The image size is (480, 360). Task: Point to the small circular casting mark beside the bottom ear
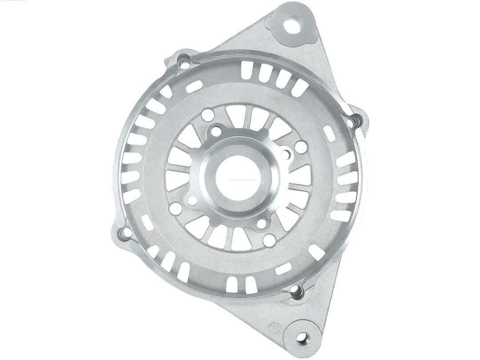(276, 328)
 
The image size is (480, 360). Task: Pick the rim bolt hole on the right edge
(354, 121)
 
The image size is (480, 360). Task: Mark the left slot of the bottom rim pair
(232, 284)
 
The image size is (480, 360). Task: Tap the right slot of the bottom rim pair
(251, 285)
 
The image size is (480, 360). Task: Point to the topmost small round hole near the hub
(208, 115)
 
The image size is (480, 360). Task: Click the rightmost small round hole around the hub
(301, 147)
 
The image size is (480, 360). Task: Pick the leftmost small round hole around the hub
(176, 208)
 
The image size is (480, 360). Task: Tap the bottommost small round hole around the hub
(269, 240)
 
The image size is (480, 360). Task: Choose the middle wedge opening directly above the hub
(257, 117)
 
